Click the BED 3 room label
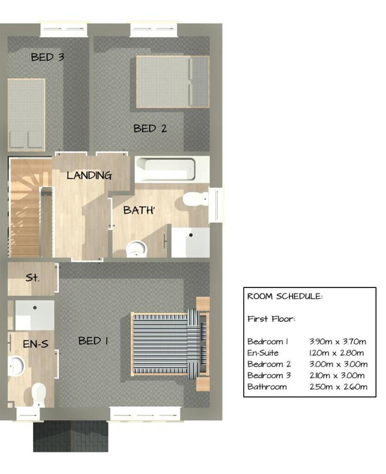(47, 57)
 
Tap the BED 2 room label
(150, 129)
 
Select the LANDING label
(89, 175)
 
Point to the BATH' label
(139, 210)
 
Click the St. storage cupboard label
(32, 278)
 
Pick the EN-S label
(35, 344)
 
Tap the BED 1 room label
(93, 341)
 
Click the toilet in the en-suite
(38, 395)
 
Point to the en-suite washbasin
(16, 366)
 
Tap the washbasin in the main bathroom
(136, 249)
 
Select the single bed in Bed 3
(26, 115)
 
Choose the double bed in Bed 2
(173, 81)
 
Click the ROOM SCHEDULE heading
(285, 296)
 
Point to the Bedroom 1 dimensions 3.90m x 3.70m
(338, 342)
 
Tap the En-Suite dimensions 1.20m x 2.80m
(336, 353)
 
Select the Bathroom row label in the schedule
(267, 387)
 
